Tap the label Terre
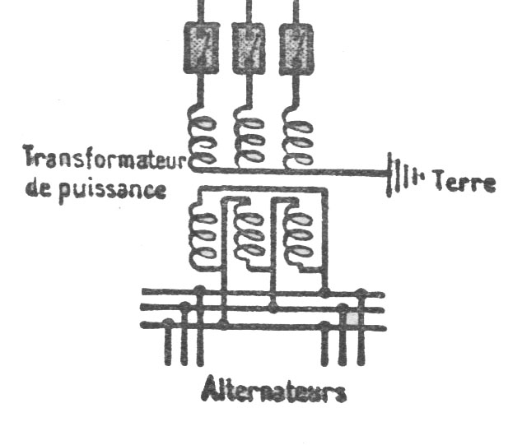[x=464, y=182]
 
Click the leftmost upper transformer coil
[x=203, y=136]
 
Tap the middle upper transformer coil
[x=249, y=136]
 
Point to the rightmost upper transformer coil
[x=297, y=136]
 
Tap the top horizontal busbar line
[x=263, y=292]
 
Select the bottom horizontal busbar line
[x=263, y=327]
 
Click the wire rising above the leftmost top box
[x=199, y=10]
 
